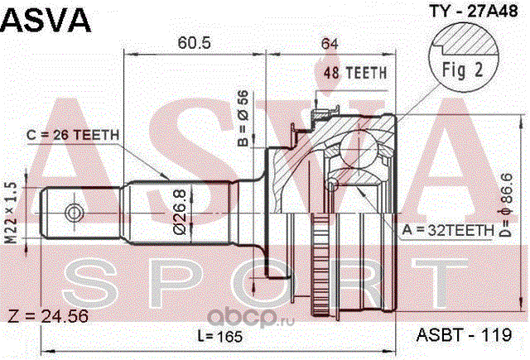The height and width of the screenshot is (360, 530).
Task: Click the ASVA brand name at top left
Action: tap(46, 20)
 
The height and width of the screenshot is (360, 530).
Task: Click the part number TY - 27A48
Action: tap(473, 11)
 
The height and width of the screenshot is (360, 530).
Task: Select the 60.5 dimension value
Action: tap(194, 43)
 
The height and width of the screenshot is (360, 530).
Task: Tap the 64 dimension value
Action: tap(330, 44)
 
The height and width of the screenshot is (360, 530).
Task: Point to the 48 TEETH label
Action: tap(355, 73)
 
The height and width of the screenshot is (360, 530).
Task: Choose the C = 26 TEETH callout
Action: tap(73, 135)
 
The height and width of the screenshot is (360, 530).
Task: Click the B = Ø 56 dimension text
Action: tap(243, 118)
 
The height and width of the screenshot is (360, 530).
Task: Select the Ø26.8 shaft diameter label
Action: tap(180, 212)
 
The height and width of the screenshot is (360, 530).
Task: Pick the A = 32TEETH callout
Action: tap(448, 230)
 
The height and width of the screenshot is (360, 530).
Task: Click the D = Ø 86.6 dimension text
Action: tap(508, 205)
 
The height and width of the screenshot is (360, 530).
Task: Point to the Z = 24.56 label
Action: tap(48, 316)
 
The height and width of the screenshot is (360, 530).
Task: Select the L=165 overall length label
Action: tap(220, 336)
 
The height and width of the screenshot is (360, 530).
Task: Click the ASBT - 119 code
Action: tap(464, 335)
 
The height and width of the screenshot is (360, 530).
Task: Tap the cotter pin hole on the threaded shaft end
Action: tap(74, 213)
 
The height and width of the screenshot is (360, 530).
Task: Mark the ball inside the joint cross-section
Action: tap(359, 149)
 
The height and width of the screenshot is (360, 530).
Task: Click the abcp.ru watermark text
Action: tap(251, 318)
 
